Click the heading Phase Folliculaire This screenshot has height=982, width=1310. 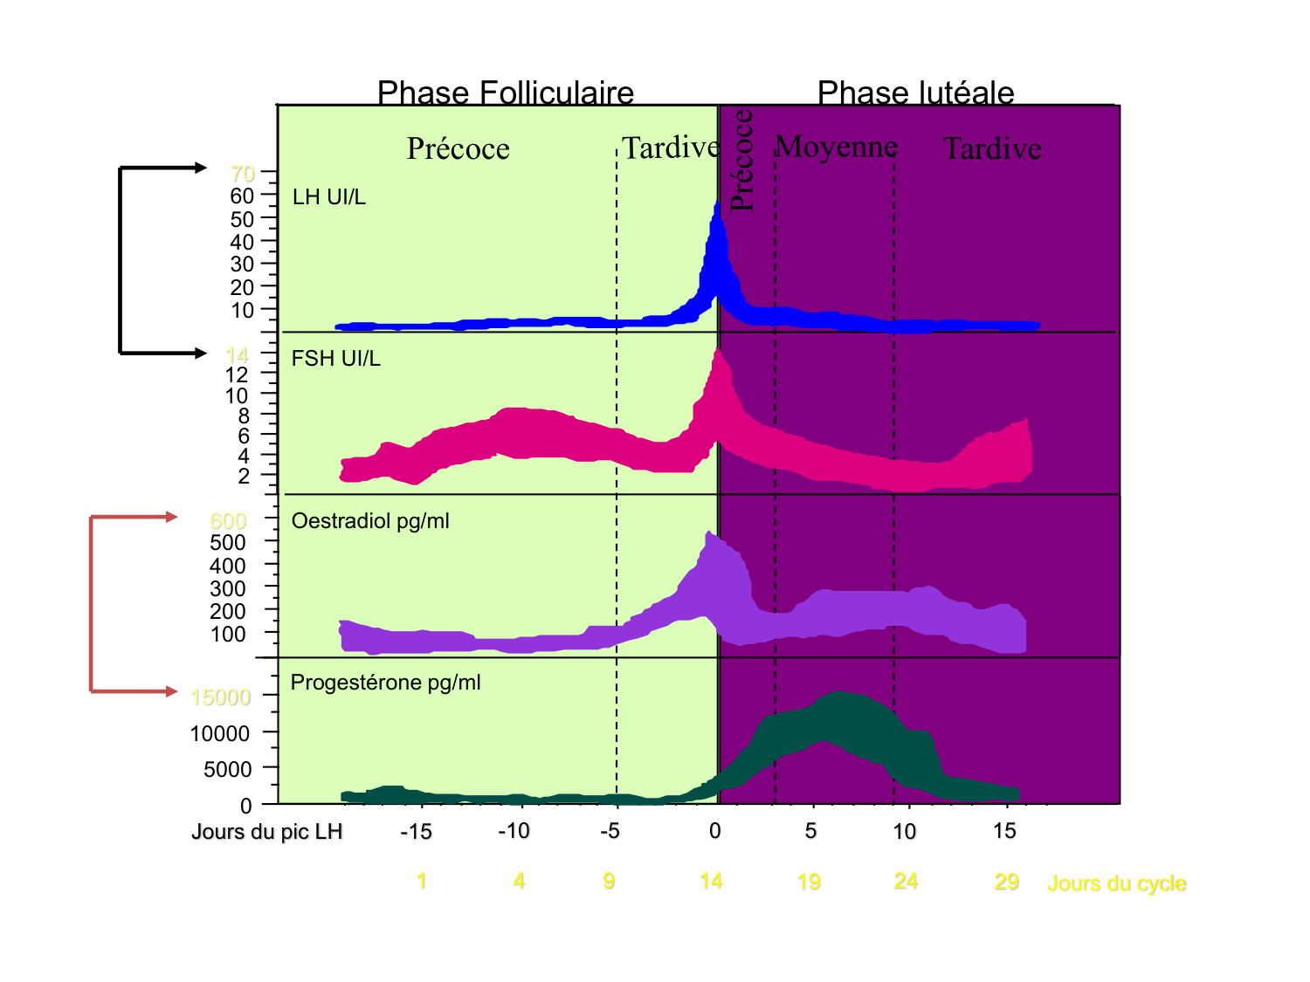click(x=505, y=93)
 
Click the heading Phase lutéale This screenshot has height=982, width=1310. click(x=915, y=93)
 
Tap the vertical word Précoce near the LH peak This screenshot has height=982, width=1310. click(x=741, y=160)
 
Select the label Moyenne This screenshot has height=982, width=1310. click(x=836, y=147)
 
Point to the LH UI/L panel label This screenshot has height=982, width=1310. click(x=328, y=197)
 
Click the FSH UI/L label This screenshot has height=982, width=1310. click(x=335, y=359)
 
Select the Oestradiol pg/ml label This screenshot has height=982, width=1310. click(x=369, y=521)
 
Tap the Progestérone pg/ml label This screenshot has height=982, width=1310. click(x=385, y=683)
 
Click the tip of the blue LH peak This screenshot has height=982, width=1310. click(x=717, y=203)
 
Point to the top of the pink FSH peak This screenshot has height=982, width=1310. click(x=718, y=352)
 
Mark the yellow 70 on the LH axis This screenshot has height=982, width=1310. click(x=243, y=173)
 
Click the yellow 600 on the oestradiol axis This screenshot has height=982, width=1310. click(x=228, y=521)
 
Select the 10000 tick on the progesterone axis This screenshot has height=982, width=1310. click(x=220, y=733)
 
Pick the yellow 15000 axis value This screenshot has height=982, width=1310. click(x=220, y=697)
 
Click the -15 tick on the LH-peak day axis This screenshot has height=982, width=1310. click(x=416, y=831)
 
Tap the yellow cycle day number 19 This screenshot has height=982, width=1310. click(x=809, y=882)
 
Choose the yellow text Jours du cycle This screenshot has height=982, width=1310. click(x=1116, y=883)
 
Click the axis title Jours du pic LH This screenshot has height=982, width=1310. click(x=266, y=831)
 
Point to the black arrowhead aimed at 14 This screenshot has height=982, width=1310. click(x=201, y=354)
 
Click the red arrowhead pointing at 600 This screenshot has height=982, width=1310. click(x=172, y=517)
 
